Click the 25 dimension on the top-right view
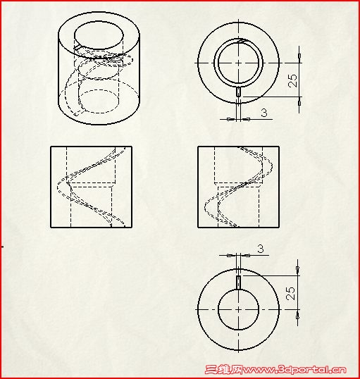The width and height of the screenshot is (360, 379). pyautogui.click(x=292, y=80)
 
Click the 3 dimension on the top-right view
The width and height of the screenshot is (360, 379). pyautogui.click(x=264, y=113)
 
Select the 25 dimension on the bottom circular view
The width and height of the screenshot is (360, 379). pyautogui.click(x=290, y=293)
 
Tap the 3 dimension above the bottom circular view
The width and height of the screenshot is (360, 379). pyautogui.click(x=261, y=249)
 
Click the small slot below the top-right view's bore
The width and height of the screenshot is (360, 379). pyautogui.click(x=238, y=92)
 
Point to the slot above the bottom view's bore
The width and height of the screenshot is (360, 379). pyautogui.click(x=238, y=282)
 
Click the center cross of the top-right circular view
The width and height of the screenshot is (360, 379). pyautogui.click(x=239, y=63)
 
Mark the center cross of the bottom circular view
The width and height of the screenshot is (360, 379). pyautogui.click(x=238, y=309)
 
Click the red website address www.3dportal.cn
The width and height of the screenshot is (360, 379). pyautogui.click(x=294, y=370)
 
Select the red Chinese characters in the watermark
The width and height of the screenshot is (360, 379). pyautogui.click(x=224, y=370)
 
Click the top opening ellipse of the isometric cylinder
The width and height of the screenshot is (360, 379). pyautogui.click(x=99, y=35)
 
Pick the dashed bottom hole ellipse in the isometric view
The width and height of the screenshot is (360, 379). pyautogui.click(x=99, y=101)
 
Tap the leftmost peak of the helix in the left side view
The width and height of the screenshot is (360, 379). pyautogui.click(x=58, y=187)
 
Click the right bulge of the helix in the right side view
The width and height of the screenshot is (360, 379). pyautogui.click(x=272, y=166)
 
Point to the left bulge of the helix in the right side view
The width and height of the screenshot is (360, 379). pyautogui.click(x=205, y=207)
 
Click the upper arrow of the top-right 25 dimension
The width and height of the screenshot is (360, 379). pyautogui.click(x=299, y=56)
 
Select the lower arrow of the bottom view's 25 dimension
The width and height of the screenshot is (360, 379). pyautogui.click(x=297, y=316)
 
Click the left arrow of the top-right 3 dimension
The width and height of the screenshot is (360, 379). pyautogui.click(x=229, y=119)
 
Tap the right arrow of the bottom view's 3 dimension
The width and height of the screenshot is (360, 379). pyautogui.click(x=247, y=255)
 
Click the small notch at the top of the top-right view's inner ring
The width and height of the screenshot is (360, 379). pyautogui.click(x=240, y=41)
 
